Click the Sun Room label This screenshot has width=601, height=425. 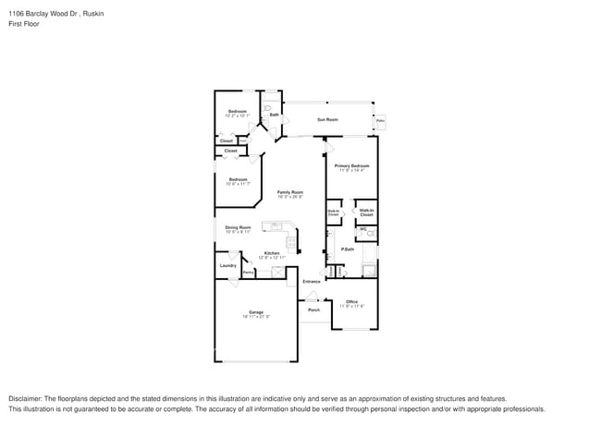pyautogui.click(x=327, y=119)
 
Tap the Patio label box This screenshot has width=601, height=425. pyautogui.click(x=380, y=121)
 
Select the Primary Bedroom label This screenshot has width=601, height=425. pyautogui.click(x=352, y=165)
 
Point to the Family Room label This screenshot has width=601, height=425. pyautogui.click(x=290, y=192)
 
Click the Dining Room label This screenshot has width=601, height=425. pyautogui.click(x=238, y=226)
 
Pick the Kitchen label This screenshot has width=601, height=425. pyautogui.click(x=272, y=252)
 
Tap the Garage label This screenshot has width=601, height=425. pyautogui.click(x=256, y=311)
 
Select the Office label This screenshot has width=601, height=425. pyautogui.click(x=351, y=301)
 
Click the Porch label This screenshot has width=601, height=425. pyautogui.click(x=313, y=310)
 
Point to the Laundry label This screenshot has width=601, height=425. pyautogui.click(x=227, y=266)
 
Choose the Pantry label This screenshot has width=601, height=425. pyautogui.click(x=248, y=272)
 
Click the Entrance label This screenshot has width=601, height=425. pyautogui.click(x=312, y=281)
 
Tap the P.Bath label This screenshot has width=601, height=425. pyautogui.click(x=349, y=249)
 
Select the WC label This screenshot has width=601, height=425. pyautogui.click(x=363, y=228)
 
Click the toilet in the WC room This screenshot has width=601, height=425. pyautogui.click(x=370, y=235)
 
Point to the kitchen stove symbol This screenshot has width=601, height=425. pyautogui.click(x=290, y=244)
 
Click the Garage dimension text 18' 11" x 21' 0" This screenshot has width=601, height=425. pyautogui.click(x=256, y=317)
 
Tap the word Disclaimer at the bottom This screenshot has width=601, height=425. pyautogui.click(x=28, y=398)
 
